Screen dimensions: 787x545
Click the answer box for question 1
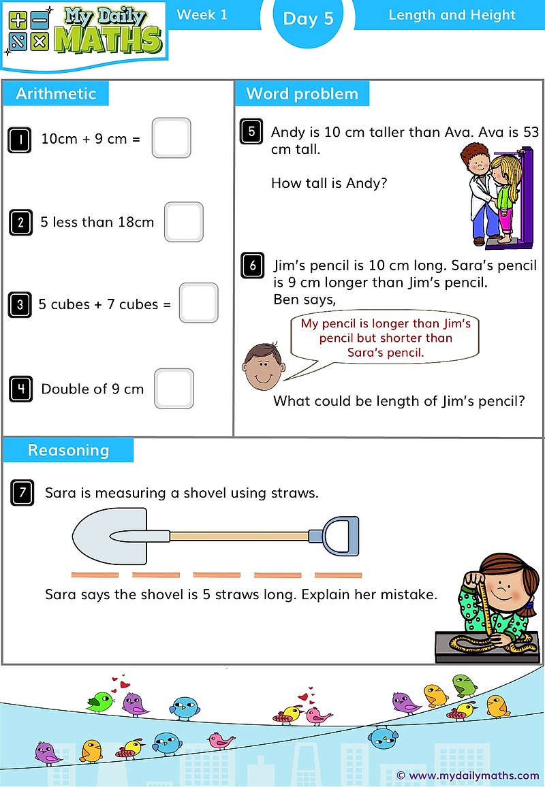[x=171, y=138]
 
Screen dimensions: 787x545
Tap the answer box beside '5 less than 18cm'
[x=184, y=222]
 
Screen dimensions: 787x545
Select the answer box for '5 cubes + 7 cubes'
[x=199, y=303]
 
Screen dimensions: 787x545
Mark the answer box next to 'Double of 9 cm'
[x=174, y=389]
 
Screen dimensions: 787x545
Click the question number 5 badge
[x=251, y=131]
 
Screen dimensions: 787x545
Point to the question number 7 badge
[x=22, y=492]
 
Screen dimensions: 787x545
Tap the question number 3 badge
[x=20, y=304]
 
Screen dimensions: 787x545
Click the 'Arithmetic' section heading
[x=56, y=94]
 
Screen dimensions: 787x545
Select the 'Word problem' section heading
[x=302, y=94]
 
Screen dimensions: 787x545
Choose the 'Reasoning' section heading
[x=68, y=451]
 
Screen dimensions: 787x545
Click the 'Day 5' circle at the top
[x=308, y=19]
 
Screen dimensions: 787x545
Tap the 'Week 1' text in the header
[x=202, y=15]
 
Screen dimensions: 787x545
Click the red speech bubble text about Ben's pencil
[x=386, y=338]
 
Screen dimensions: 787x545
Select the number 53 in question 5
[x=529, y=132]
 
